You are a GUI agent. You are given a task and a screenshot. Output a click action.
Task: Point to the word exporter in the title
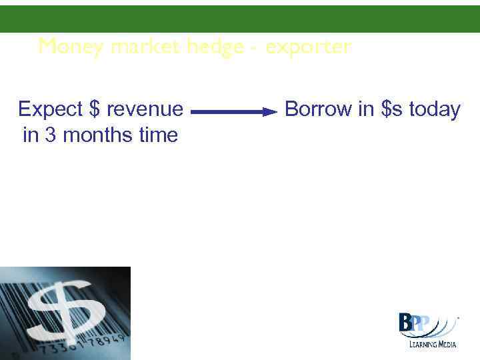coord(308,47)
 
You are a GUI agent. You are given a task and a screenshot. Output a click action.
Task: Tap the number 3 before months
coord(51,135)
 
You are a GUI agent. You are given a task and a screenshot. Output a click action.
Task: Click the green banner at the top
coord(240,19)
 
